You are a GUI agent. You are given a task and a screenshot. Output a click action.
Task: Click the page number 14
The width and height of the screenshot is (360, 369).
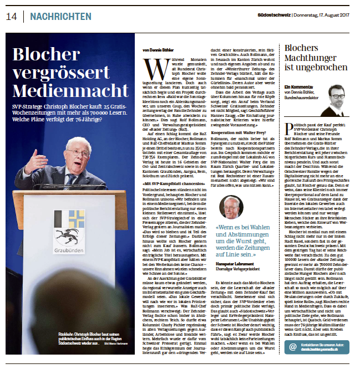click(x=12, y=17)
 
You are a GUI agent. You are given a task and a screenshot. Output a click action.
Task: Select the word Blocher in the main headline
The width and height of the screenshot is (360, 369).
click(x=51, y=54)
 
